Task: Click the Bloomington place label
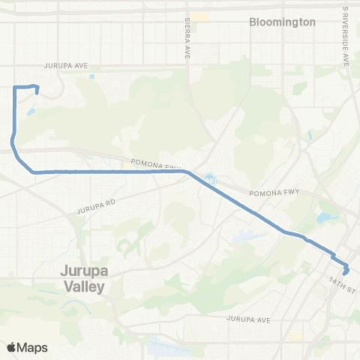click(x=282, y=22)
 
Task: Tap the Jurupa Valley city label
click(x=83, y=279)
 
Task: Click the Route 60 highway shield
click(x=209, y=179)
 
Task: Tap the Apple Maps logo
click(x=27, y=346)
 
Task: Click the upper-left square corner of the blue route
click(x=15, y=88)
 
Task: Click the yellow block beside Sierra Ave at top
click(x=200, y=16)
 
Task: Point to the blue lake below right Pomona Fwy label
click(x=328, y=218)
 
